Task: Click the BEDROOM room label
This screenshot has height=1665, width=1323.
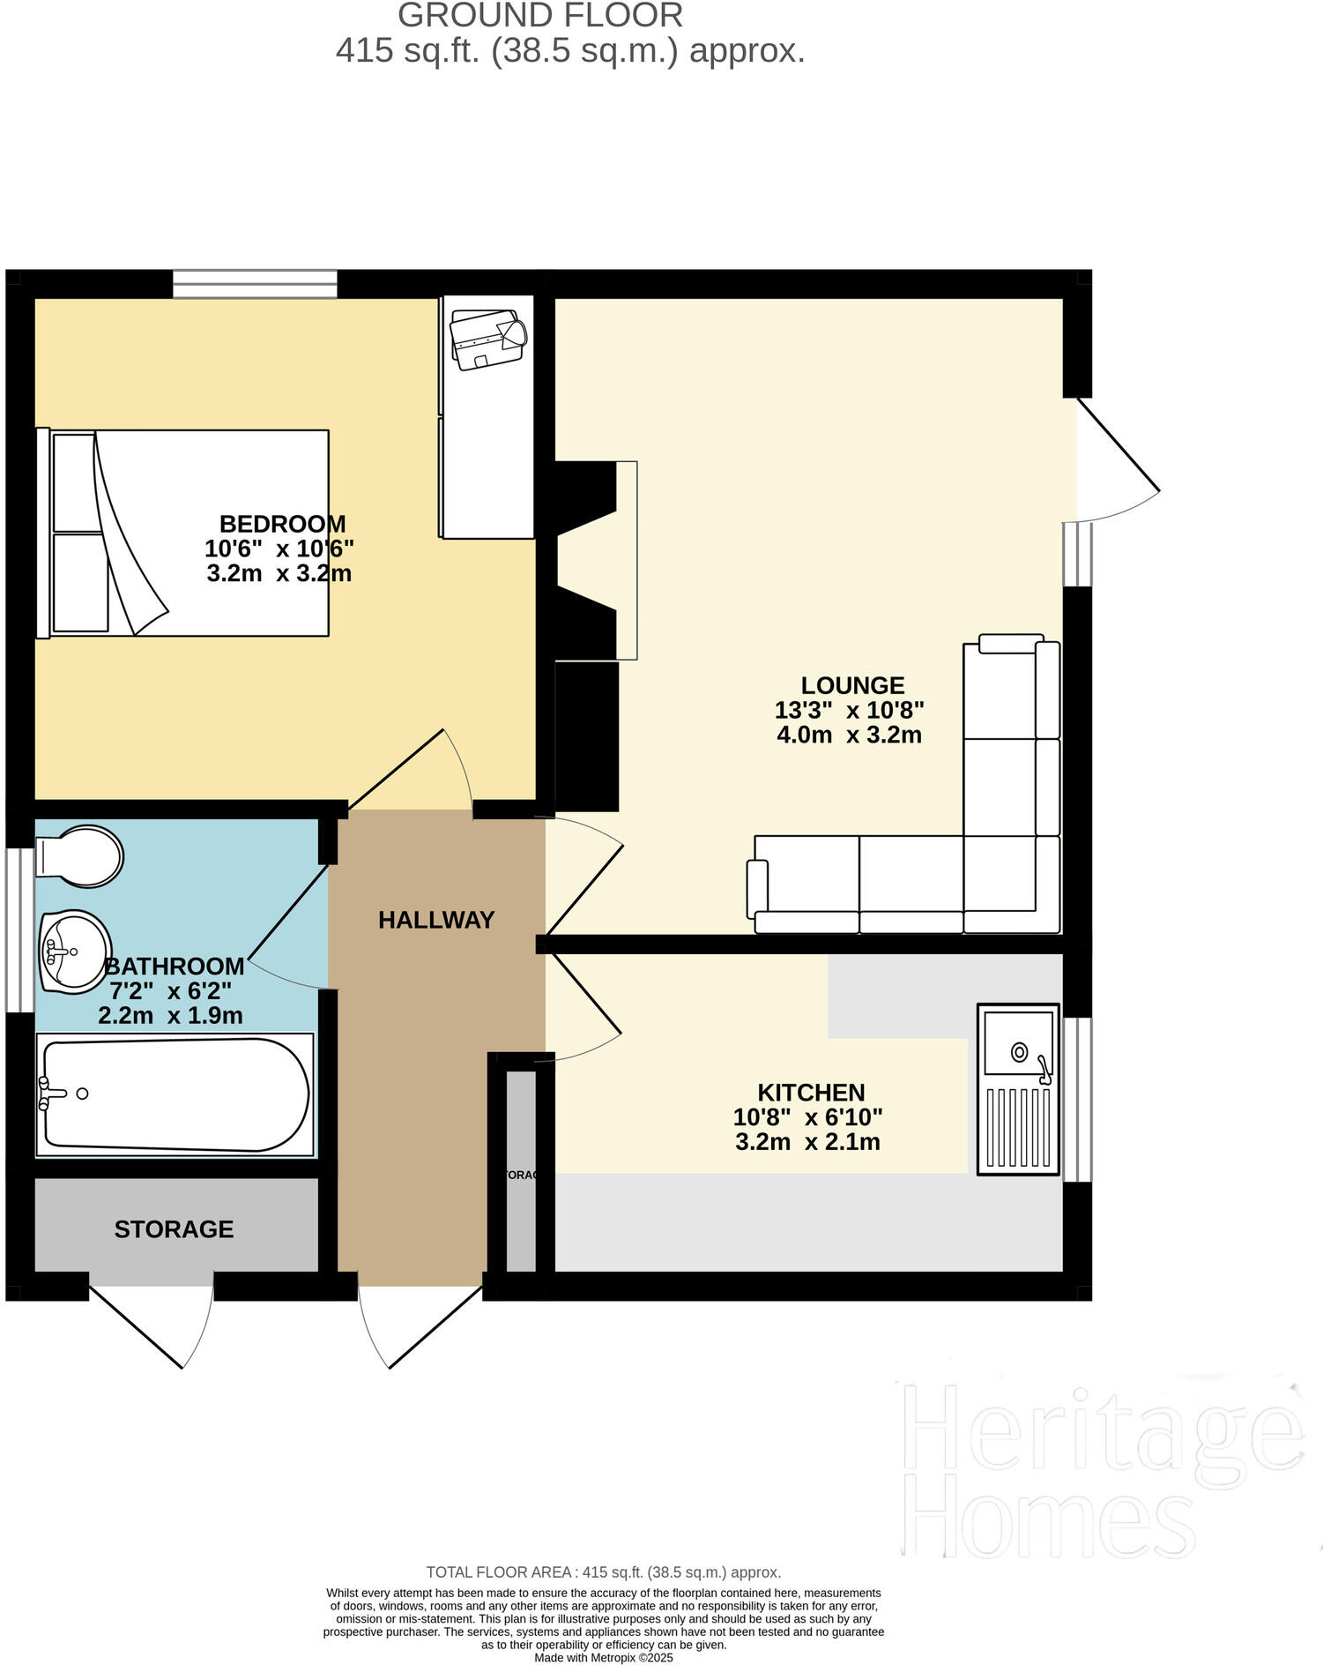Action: tap(282, 524)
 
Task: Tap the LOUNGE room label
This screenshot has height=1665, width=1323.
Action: tap(852, 685)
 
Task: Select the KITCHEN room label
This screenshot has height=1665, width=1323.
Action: tap(811, 1092)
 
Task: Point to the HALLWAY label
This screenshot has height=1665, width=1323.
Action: tap(436, 920)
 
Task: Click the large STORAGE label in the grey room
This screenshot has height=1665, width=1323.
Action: tap(174, 1228)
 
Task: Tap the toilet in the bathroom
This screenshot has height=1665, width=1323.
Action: tap(79, 855)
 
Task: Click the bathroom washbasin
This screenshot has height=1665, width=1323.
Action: tap(75, 951)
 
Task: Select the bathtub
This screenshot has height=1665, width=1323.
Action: tap(175, 1094)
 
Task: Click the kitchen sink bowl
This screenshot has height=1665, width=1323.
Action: tap(1019, 1049)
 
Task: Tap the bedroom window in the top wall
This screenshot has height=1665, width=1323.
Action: tap(255, 284)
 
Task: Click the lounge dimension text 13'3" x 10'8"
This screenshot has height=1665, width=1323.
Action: tap(849, 710)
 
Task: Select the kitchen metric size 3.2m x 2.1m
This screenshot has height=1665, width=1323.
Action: tap(807, 1142)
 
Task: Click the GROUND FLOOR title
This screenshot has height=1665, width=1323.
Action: tap(539, 16)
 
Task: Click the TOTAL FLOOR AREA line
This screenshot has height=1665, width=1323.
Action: tap(603, 1572)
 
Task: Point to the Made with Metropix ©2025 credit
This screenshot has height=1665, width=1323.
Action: tap(603, 1657)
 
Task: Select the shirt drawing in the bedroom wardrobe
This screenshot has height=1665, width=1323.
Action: tap(487, 339)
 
